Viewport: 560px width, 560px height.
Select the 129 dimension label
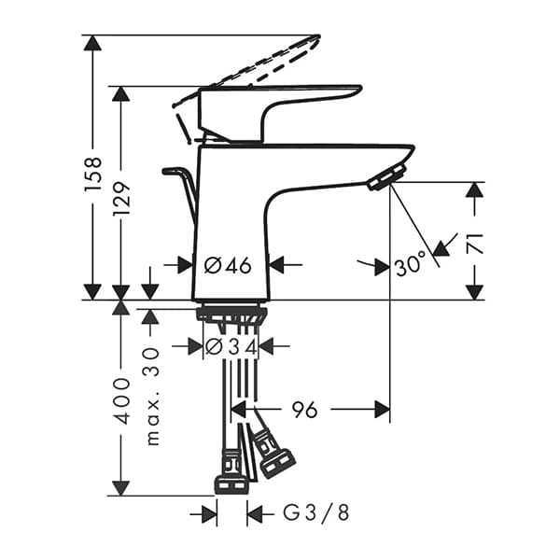click(122, 199)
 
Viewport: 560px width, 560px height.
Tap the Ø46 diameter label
click(229, 265)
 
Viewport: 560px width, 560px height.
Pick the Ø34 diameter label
click(230, 346)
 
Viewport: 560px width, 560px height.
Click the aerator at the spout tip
click(387, 177)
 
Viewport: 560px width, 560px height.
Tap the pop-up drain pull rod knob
click(173, 172)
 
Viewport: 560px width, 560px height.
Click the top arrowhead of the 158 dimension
click(91, 43)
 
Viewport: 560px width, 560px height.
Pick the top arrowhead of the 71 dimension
click(474, 189)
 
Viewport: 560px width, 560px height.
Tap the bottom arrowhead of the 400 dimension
click(120, 487)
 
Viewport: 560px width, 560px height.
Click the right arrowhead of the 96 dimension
click(383, 409)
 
